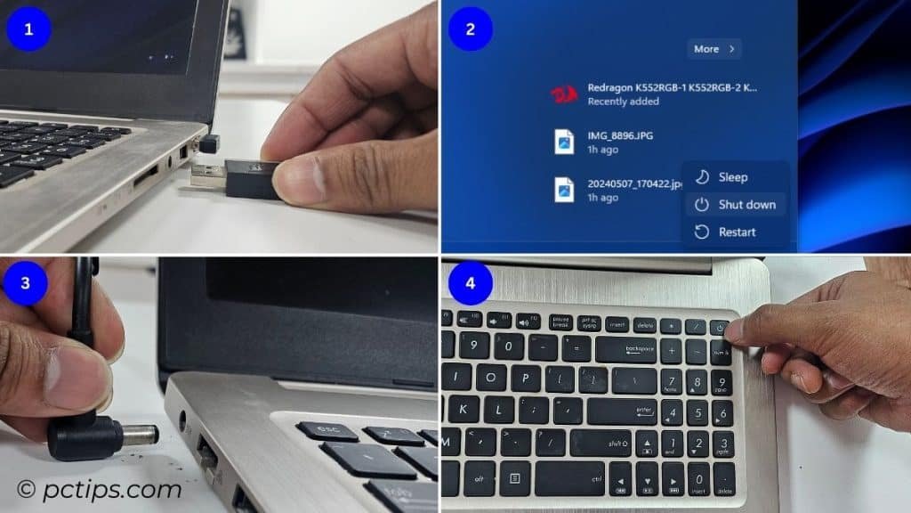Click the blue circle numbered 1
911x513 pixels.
click(x=28, y=29)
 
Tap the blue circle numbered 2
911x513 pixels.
click(x=471, y=29)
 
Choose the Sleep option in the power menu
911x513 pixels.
click(x=732, y=177)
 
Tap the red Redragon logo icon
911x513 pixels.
click(x=564, y=94)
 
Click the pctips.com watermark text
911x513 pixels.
click(x=100, y=489)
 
